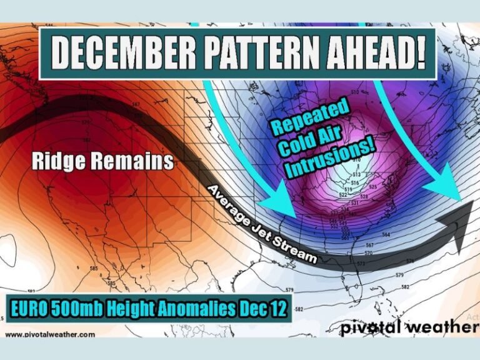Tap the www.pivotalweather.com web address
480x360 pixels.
[x=50, y=334]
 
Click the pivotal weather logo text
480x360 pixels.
[x=409, y=327]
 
